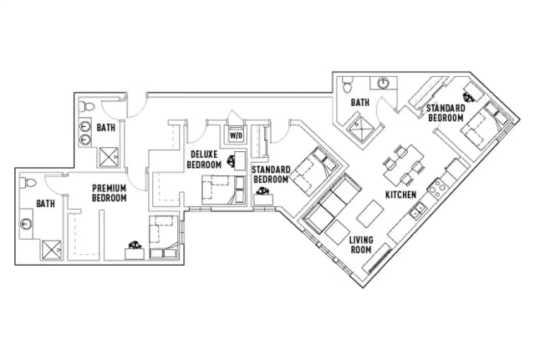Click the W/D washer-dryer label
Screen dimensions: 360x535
tap(236, 134)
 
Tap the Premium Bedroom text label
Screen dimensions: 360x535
tap(109, 193)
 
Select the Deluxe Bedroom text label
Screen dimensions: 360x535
tap(205, 160)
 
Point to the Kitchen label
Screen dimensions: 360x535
tap(400, 195)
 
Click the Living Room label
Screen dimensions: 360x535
tap(360, 245)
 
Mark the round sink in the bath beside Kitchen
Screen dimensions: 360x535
tap(382, 83)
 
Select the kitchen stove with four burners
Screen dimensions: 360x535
tap(438, 188)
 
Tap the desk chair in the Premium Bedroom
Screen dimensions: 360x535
tap(133, 246)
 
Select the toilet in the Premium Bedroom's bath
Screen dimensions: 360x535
tap(30, 183)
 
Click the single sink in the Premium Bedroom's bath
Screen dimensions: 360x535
tap(26, 223)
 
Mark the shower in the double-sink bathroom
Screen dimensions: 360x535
tap(110, 156)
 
